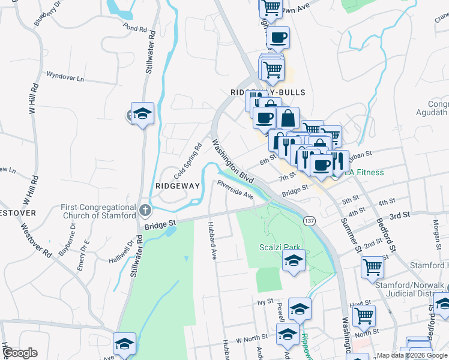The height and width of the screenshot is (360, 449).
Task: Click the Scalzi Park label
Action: tap(279, 248)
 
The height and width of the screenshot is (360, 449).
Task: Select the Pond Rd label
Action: tap(134, 28)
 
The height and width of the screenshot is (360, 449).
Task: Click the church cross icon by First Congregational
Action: tap(145, 211)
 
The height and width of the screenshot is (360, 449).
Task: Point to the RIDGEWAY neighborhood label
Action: tap(177, 186)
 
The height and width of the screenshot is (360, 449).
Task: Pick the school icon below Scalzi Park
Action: tap(294, 261)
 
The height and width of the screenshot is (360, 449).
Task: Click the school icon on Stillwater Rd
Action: tap(143, 113)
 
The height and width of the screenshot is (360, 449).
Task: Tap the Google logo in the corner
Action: tap(20, 353)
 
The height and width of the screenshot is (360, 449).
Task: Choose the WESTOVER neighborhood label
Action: tap(16, 213)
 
